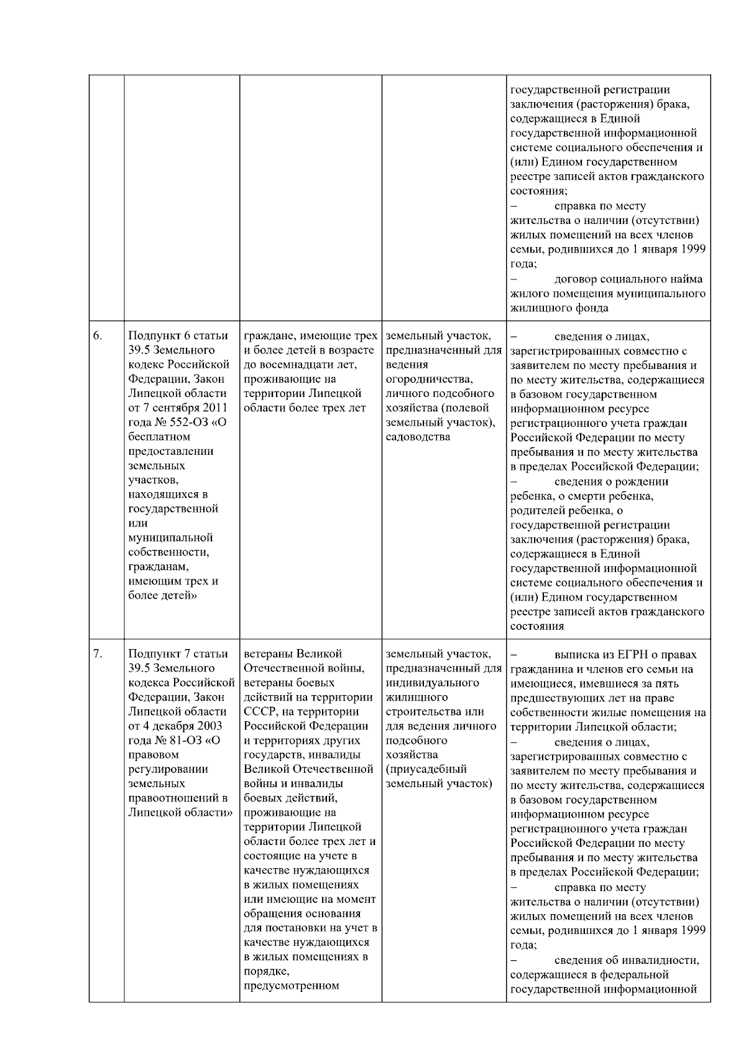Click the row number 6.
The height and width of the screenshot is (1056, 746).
(x=98, y=336)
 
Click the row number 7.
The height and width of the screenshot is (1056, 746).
(x=98, y=654)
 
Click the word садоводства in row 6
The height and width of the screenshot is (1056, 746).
(x=418, y=437)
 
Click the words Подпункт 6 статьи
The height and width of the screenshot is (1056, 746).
(x=178, y=336)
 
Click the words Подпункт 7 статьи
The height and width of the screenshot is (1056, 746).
(x=178, y=654)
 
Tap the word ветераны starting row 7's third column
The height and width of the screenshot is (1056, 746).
(x=269, y=654)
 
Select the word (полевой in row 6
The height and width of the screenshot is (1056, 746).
(x=469, y=408)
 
